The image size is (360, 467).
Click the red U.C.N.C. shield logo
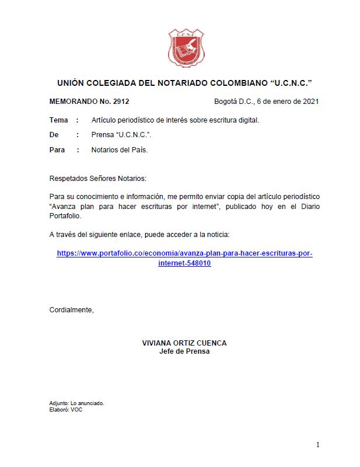[x=186, y=48]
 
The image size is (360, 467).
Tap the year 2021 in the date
[x=310, y=102]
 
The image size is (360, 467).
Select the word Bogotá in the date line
[x=227, y=102]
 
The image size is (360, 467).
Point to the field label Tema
[x=59, y=120]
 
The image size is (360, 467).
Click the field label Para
[x=57, y=150]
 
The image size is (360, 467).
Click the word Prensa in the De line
[x=103, y=135]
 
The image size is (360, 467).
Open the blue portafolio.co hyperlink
[x=184, y=254]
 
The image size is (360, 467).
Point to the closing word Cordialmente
[x=71, y=310]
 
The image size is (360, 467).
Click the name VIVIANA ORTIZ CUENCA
[x=184, y=343]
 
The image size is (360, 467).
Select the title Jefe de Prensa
[x=184, y=351]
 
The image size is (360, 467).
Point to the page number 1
[x=317, y=445]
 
